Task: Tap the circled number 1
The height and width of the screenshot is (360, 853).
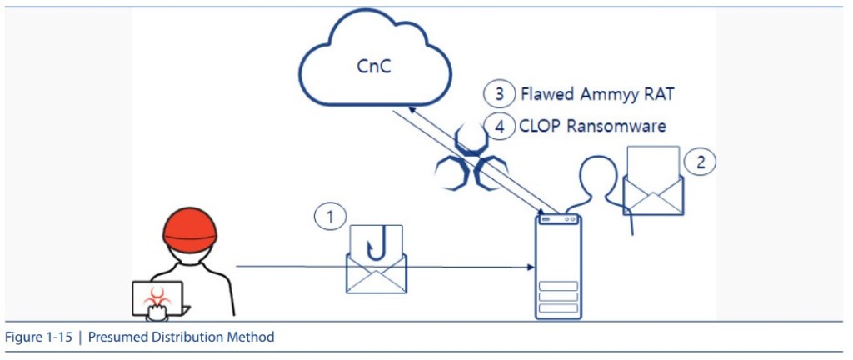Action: click(x=330, y=217)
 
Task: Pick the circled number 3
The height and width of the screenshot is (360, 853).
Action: click(x=498, y=93)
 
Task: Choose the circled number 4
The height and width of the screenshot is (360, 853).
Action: click(x=498, y=127)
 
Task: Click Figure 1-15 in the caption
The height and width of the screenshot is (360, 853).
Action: click(x=36, y=337)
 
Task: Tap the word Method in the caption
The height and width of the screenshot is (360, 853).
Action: click(x=253, y=337)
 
